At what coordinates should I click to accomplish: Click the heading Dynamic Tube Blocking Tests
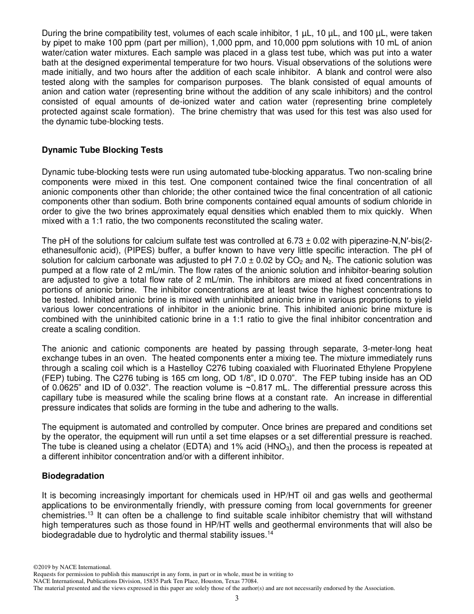coord(102,150)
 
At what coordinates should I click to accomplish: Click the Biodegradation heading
coord(73,476)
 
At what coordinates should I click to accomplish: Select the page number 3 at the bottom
coord(237,599)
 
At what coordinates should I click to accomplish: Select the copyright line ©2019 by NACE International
coord(72,567)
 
